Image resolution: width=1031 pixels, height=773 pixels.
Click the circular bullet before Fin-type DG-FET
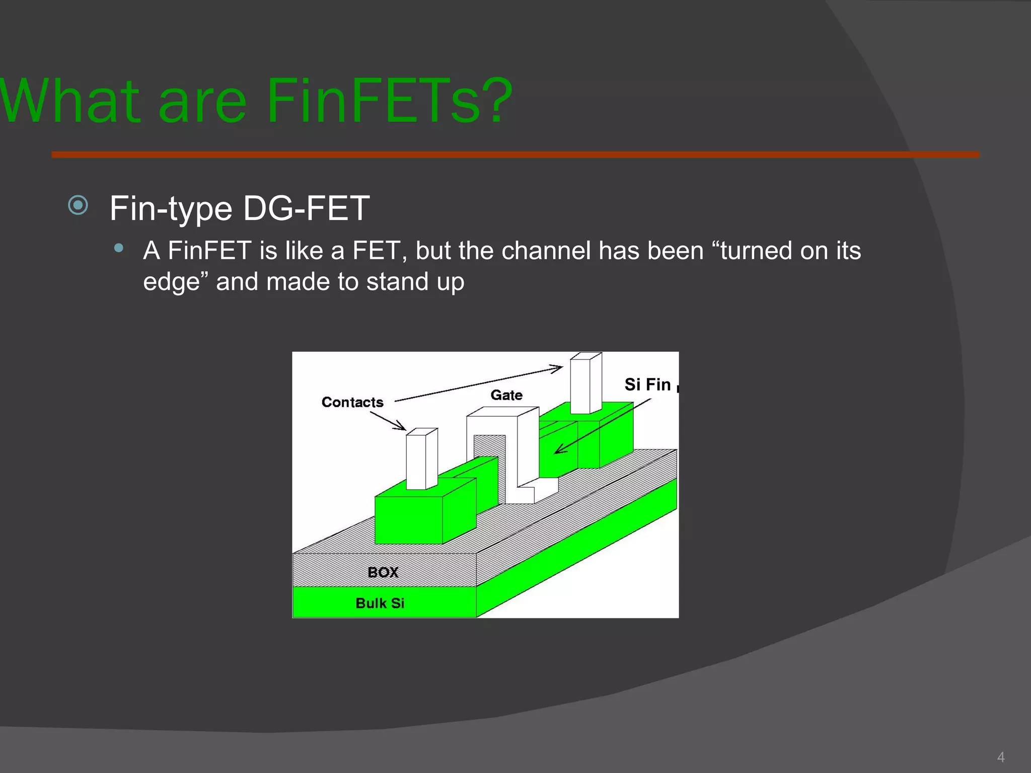pyautogui.click(x=78, y=205)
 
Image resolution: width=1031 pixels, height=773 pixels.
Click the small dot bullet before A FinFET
pyautogui.click(x=119, y=248)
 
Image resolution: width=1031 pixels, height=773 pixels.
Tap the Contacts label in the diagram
pyautogui.click(x=352, y=402)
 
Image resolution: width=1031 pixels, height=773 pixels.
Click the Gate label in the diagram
pyautogui.click(x=506, y=395)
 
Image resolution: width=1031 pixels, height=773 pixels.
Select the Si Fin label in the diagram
pyautogui.click(x=647, y=384)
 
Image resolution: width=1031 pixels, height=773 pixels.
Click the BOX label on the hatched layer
pyautogui.click(x=383, y=572)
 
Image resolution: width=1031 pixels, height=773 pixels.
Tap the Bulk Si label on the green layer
pyautogui.click(x=380, y=603)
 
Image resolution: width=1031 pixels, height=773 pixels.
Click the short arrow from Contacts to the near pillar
pyautogui.click(x=389, y=421)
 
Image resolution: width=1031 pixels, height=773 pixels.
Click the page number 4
pyautogui.click(x=1000, y=757)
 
